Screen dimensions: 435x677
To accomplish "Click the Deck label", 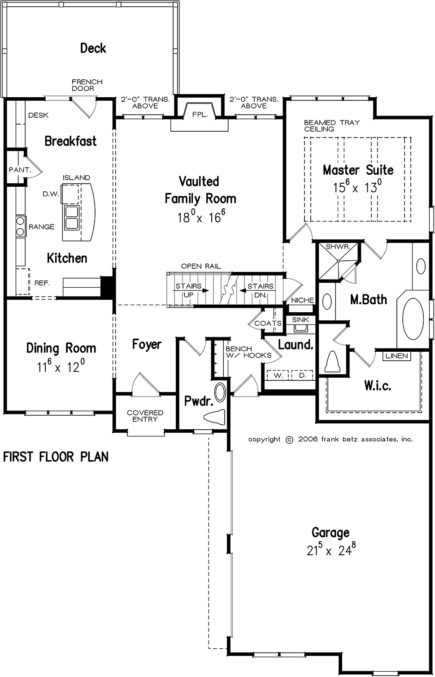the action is [93, 48].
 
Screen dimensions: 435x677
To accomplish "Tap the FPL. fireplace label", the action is [200, 115].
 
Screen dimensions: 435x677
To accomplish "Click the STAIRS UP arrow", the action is [192, 291].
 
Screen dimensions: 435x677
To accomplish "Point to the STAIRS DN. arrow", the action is [257, 291].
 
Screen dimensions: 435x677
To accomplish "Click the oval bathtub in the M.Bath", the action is [413, 319].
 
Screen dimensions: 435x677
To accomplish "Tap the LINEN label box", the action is [396, 356].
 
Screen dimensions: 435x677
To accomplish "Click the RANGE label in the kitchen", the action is [41, 227].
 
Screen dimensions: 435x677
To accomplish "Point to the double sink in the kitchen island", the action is [71, 218].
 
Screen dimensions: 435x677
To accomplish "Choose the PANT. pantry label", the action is [20, 170].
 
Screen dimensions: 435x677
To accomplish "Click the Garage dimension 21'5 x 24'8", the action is [331, 550].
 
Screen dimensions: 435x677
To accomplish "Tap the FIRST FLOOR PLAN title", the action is [56, 457].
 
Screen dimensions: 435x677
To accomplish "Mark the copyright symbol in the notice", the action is [290, 440].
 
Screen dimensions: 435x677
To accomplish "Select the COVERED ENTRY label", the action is [145, 416].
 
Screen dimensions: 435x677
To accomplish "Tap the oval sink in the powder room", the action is [220, 392].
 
